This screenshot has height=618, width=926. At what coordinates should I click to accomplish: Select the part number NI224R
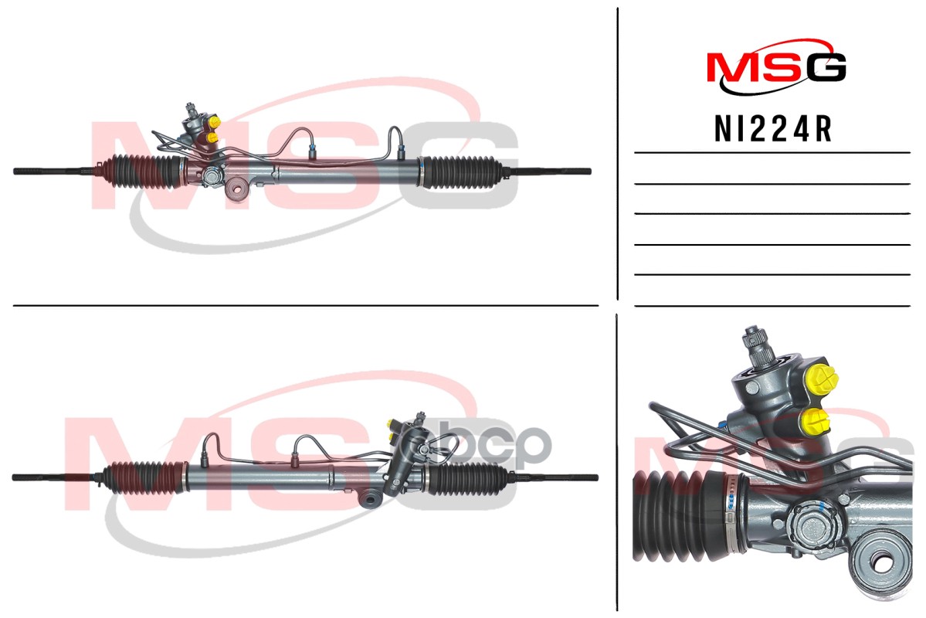click(773, 130)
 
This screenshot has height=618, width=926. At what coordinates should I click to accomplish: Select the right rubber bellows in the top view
click(460, 171)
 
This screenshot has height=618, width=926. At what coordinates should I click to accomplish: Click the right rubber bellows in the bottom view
click(467, 479)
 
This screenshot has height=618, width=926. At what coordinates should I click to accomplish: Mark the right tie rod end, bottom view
click(564, 477)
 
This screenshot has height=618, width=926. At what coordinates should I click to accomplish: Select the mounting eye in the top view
click(238, 188)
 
